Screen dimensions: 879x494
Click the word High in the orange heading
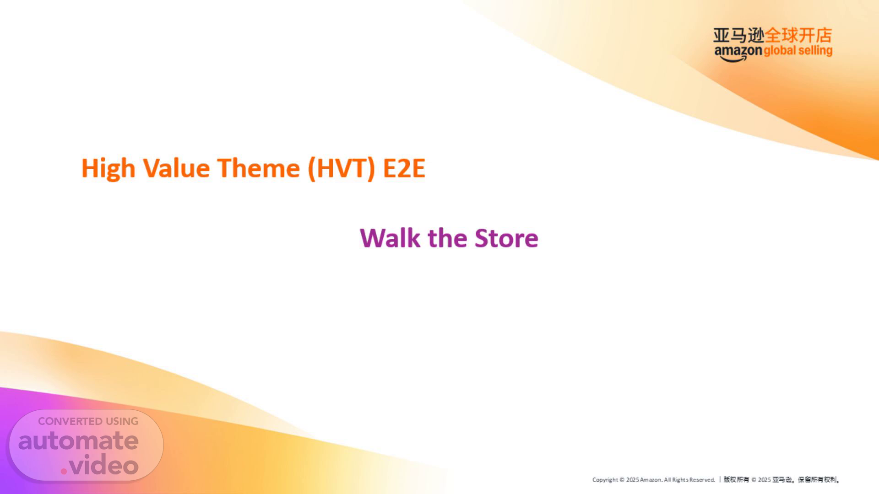click(108, 169)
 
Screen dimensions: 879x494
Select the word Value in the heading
click(176, 168)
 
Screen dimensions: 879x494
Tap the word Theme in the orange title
click(258, 168)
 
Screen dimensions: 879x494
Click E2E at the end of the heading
click(404, 168)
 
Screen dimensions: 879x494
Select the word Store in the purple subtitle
click(506, 238)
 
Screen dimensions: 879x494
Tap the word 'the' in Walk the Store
click(447, 238)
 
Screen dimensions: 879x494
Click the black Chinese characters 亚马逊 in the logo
click(739, 35)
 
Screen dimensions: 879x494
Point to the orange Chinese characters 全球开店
click(798, 35)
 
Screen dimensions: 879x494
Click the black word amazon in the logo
click(738, 52)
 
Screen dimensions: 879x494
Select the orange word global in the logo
click(780, 51)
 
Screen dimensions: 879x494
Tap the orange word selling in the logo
click(815, 51)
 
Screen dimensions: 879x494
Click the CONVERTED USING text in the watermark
click(88, 421)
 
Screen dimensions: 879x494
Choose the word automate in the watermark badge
click(78, 440)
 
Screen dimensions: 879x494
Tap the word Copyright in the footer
click(605, 480)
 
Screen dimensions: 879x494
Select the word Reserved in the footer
click(702, 480)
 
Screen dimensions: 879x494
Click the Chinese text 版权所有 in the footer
click(736, 480)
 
